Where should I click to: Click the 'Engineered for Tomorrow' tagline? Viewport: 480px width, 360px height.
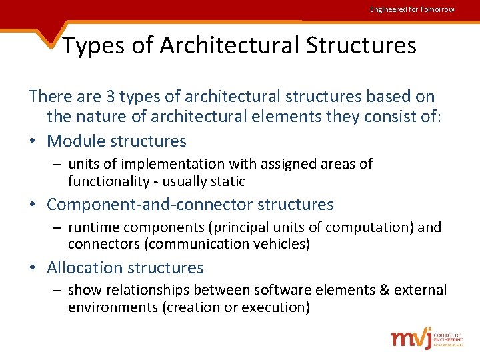point(412,9)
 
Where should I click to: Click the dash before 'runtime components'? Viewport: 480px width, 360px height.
point(59,227)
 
